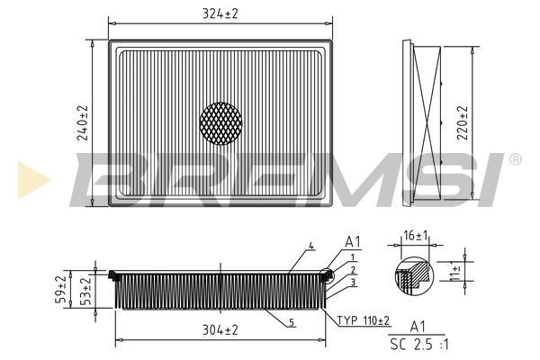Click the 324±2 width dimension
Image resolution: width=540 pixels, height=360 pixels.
[219, 13]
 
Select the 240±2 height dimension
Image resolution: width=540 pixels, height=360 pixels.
[83, 122]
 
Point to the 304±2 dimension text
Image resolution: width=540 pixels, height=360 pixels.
[219, 330]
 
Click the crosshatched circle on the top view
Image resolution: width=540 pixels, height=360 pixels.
[220, 123]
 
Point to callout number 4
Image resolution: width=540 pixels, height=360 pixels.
[310, 246]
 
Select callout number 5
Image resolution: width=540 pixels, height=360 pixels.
[292, 321]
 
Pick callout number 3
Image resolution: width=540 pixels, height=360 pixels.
[354, 283]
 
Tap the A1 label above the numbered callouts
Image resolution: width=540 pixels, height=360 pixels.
[353, 242]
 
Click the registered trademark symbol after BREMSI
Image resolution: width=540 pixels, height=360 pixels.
[515, 159]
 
